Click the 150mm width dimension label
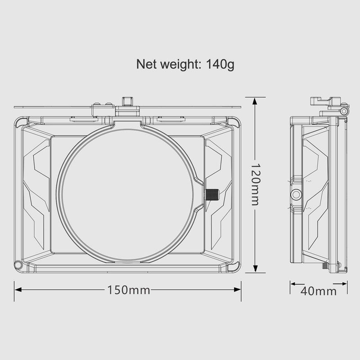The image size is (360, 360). [x=128, y=290]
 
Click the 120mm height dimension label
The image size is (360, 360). [x=255, y=185]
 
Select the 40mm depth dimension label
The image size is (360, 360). [x=319, y=290]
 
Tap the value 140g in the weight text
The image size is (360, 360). [x=220, y=65]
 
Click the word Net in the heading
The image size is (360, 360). [x=147, y=65]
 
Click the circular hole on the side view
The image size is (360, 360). [x=296, y=194]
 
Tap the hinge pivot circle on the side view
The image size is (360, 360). [x=343, y=111]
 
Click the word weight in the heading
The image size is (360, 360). [x=179, y=65]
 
